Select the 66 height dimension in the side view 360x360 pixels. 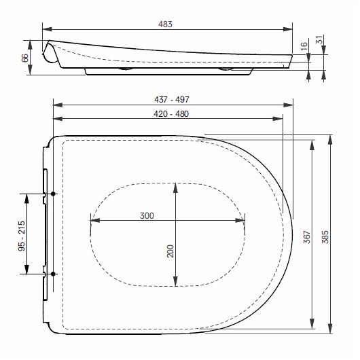tap(26, 58)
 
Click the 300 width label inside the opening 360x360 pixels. tap(146, 215)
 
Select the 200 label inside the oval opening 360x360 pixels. tap(170, 251)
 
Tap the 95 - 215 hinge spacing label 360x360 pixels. tap(22, 234)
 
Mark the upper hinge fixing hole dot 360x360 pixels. tap(54, 194)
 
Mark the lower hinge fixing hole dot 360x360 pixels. tap(54, 274)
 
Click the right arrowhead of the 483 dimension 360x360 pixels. tap(290, 29)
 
